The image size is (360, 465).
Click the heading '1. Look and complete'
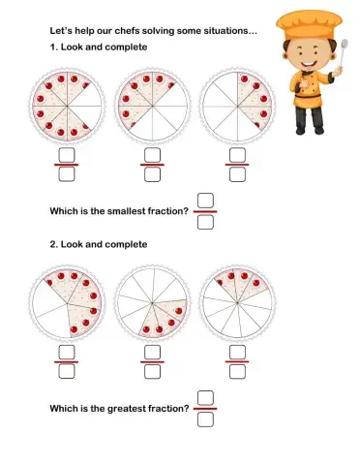[x=98, y=47]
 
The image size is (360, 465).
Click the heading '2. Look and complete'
[x=98, y=244]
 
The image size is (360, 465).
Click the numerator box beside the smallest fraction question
[x=204, y=201]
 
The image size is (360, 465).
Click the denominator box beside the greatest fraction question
[x=204, y=418]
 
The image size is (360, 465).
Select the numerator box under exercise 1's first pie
[x=67, y=155]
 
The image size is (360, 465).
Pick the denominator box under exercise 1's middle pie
[x=152, y=175]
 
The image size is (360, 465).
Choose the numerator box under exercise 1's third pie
[x=236, y=155]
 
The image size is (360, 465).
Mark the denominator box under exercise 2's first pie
[x=67, y=371]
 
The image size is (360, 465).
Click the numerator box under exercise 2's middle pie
[x=152, y=352]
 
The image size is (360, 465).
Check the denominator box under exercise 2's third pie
[x=236, y=371]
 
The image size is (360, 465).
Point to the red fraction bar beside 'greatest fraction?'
[x=204, y=408]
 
